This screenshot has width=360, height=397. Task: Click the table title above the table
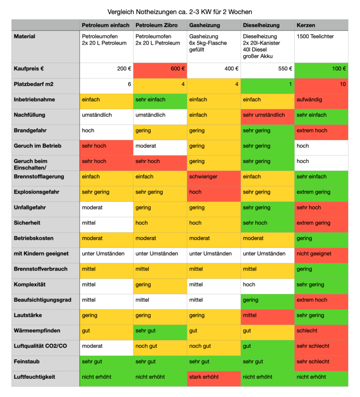[x=180, y=12]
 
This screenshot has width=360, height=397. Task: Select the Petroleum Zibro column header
[x=156, y=25]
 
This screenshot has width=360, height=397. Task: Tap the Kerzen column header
[x=306, y=25]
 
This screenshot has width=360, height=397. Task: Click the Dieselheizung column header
[x=261, y=25]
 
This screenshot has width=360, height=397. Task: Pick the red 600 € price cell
[x=160, y=70]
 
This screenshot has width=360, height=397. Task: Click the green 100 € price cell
[x=321, y=70]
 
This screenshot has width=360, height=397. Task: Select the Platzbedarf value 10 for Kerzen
[x=321, y=85]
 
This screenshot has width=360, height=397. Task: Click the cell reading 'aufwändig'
[x=321, y=101]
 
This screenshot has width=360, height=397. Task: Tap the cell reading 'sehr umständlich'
[x=267, y=116]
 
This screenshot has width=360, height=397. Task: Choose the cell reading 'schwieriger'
[x=214, y=178]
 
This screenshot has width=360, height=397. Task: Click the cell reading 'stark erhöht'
[x=214, y=378]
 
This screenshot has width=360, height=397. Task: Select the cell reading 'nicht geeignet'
[x=321, y=255]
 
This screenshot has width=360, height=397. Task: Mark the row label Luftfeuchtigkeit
[x=34, y=377]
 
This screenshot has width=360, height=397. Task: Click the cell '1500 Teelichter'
[x=321, y=46]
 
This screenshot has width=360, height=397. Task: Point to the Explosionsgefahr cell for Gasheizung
[x=214, y=194]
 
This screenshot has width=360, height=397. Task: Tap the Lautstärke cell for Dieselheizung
[x=267, y=317]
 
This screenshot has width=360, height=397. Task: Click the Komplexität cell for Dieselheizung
[x=267, y=286]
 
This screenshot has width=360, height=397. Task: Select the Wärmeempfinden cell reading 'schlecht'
[x=321, y=332]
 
